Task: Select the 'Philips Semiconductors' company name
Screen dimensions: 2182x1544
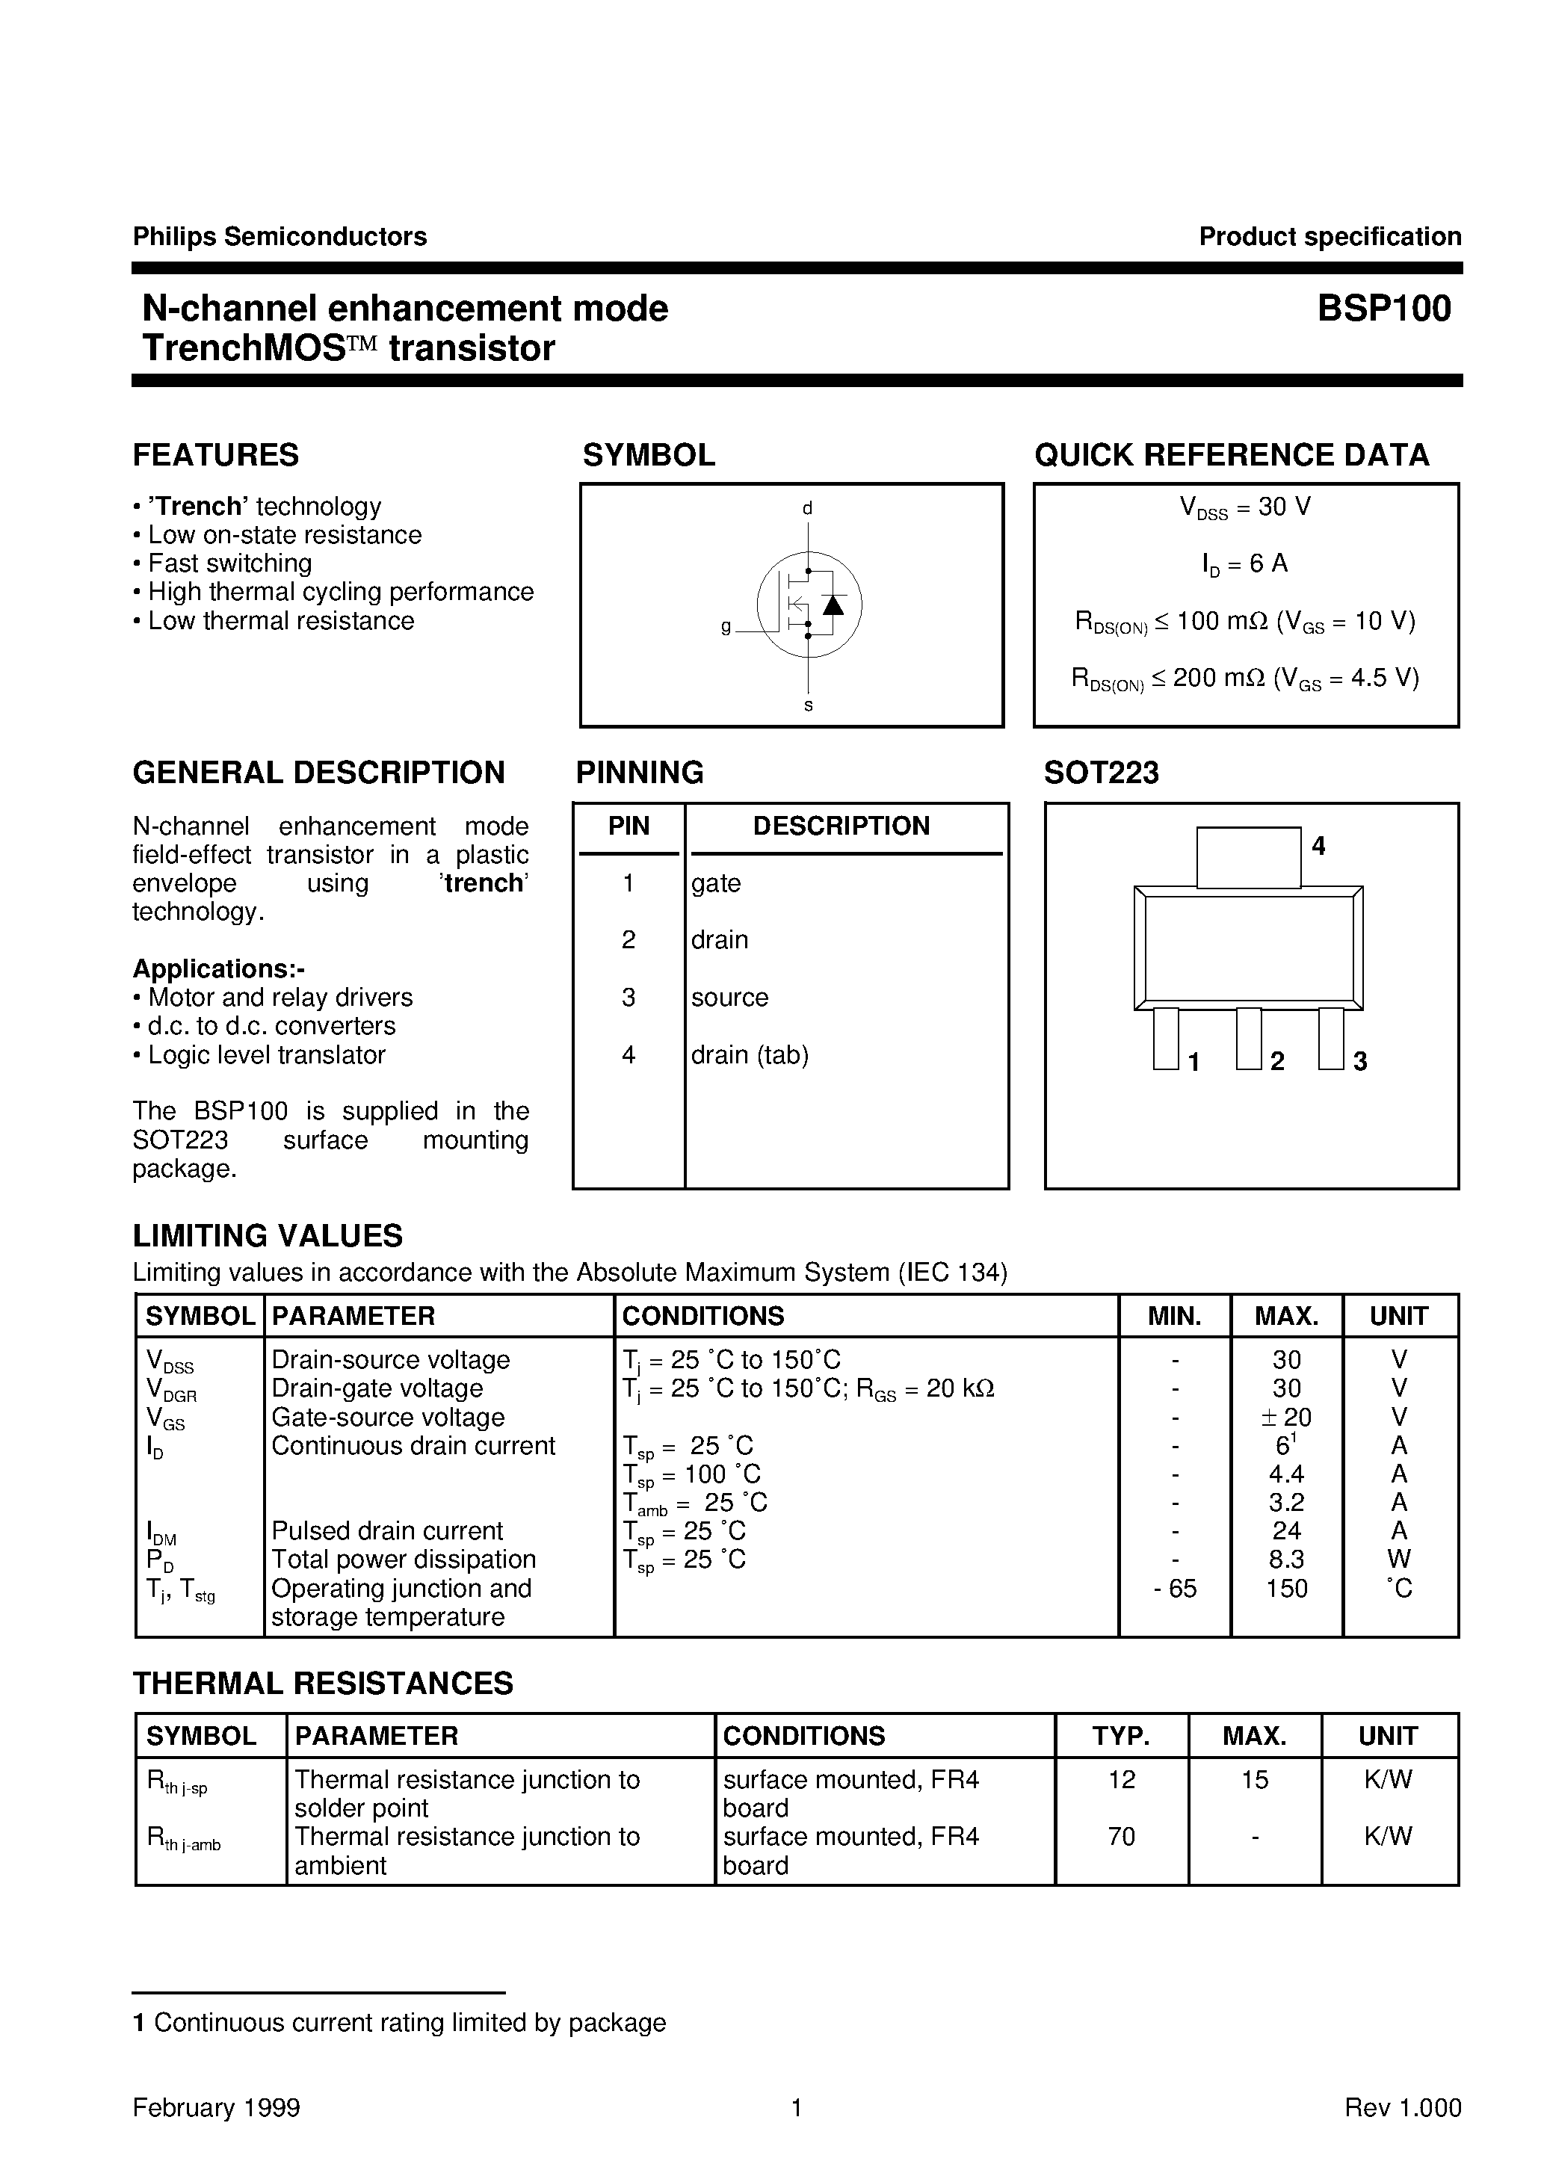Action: [x=280, y=237]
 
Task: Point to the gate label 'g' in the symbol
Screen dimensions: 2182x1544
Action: [x=726, y=627]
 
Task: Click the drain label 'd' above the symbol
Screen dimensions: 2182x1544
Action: [x=807, y=508]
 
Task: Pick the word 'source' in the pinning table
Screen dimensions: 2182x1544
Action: [x=729, y=997]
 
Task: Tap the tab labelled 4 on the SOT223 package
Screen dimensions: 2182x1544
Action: [x=1247, y=857]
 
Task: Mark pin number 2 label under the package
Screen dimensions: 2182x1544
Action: [x=1277, y=1062]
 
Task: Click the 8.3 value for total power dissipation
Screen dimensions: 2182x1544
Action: [x=1285, y=1560]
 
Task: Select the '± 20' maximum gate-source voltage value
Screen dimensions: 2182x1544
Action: [x=1285, y=1417]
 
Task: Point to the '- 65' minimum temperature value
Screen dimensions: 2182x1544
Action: [x=1174, y=1588]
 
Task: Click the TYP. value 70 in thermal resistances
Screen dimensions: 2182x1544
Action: [x=1121, y=1836]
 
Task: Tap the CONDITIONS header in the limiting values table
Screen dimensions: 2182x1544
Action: [x=702, y=1316]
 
